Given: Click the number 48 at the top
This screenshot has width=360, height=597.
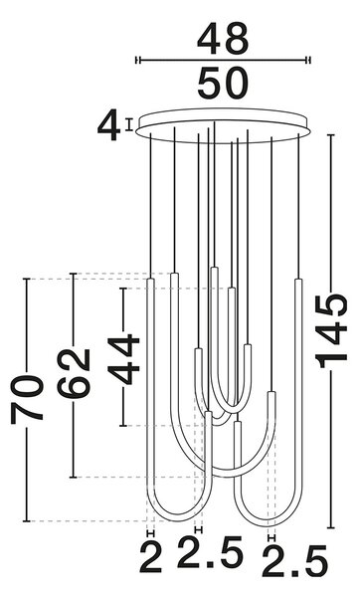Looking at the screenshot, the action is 223,40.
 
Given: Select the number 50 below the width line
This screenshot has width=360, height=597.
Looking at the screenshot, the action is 223,83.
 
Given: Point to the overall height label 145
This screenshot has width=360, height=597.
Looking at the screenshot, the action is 332,330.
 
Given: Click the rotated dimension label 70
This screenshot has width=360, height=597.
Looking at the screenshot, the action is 27,399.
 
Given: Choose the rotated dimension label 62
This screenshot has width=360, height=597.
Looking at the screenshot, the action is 74,373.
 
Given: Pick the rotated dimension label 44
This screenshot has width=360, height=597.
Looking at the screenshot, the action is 123,359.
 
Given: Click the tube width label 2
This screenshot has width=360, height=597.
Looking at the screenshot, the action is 151,559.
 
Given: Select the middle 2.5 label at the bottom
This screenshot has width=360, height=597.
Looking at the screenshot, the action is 210,552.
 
